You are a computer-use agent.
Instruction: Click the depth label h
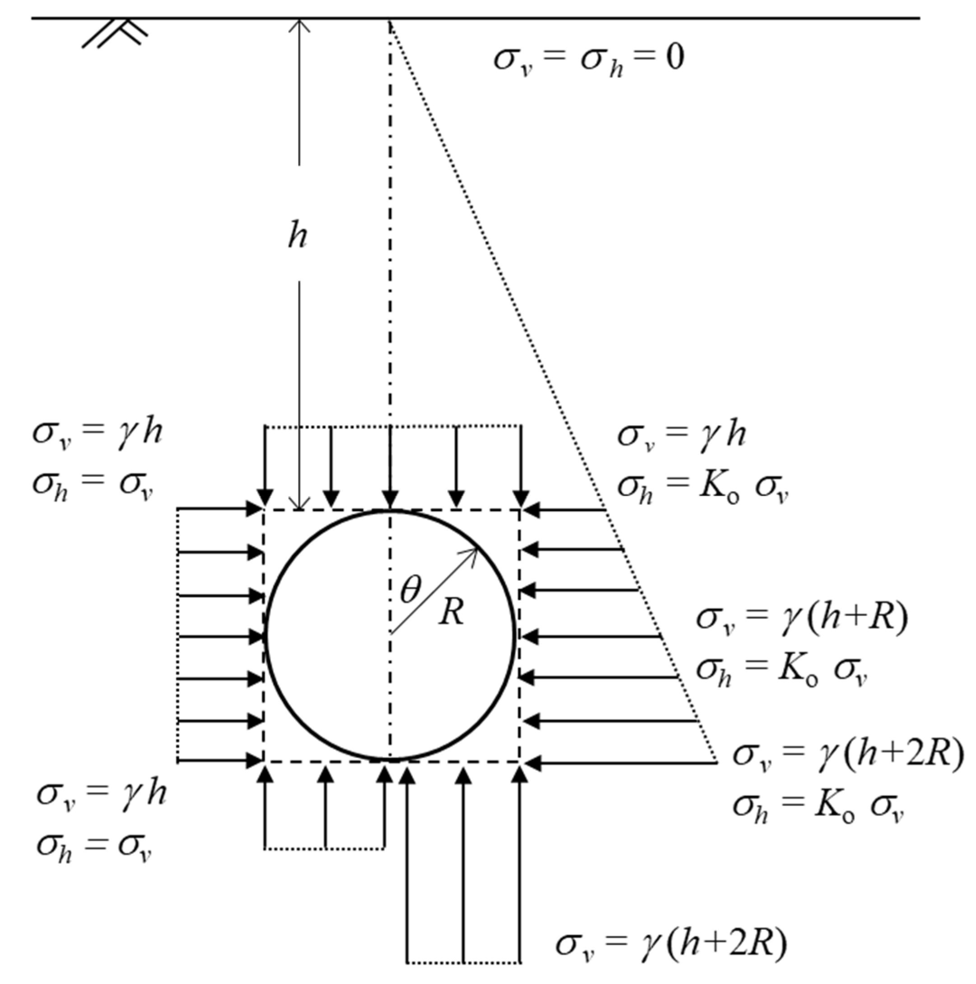pyautogui.click(x=298, y=236)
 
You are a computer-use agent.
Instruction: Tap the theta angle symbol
pyautogui.click(x=411, y=590)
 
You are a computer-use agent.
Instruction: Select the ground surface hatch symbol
pyautogui.click(x=115, y=35)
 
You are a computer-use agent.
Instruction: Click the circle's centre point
pyautogui.click(x=391, y=634)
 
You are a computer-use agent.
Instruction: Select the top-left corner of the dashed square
pyautogui.click(x=264, y=509)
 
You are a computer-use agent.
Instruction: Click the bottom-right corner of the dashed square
pyautogui.click(x=520, y=762)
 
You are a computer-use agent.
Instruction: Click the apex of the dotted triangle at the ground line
pyautogui.click(x=390, y=20)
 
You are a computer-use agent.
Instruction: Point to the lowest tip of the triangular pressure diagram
pyautogui.click(x=717, y=762)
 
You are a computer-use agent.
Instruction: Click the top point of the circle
pyautogui.click(x=391, y=510)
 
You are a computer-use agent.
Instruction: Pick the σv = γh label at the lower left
pyautogui.click(x=101, y=794)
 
